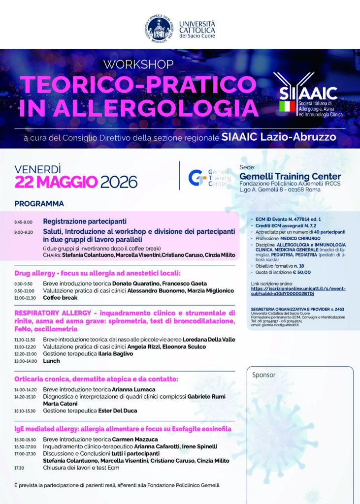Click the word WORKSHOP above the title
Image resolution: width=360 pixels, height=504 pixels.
(138, 64)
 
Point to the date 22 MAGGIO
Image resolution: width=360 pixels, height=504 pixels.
(56, 182)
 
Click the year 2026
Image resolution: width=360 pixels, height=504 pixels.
(119, 182)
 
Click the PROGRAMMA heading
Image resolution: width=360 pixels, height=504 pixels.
(39, 203)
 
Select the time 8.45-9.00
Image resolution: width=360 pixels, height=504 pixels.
(23, 222)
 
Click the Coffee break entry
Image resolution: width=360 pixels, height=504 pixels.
(60, 297)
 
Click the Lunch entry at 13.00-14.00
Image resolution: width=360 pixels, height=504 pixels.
(51, 361)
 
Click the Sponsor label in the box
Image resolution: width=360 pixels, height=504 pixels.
(264, 375)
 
